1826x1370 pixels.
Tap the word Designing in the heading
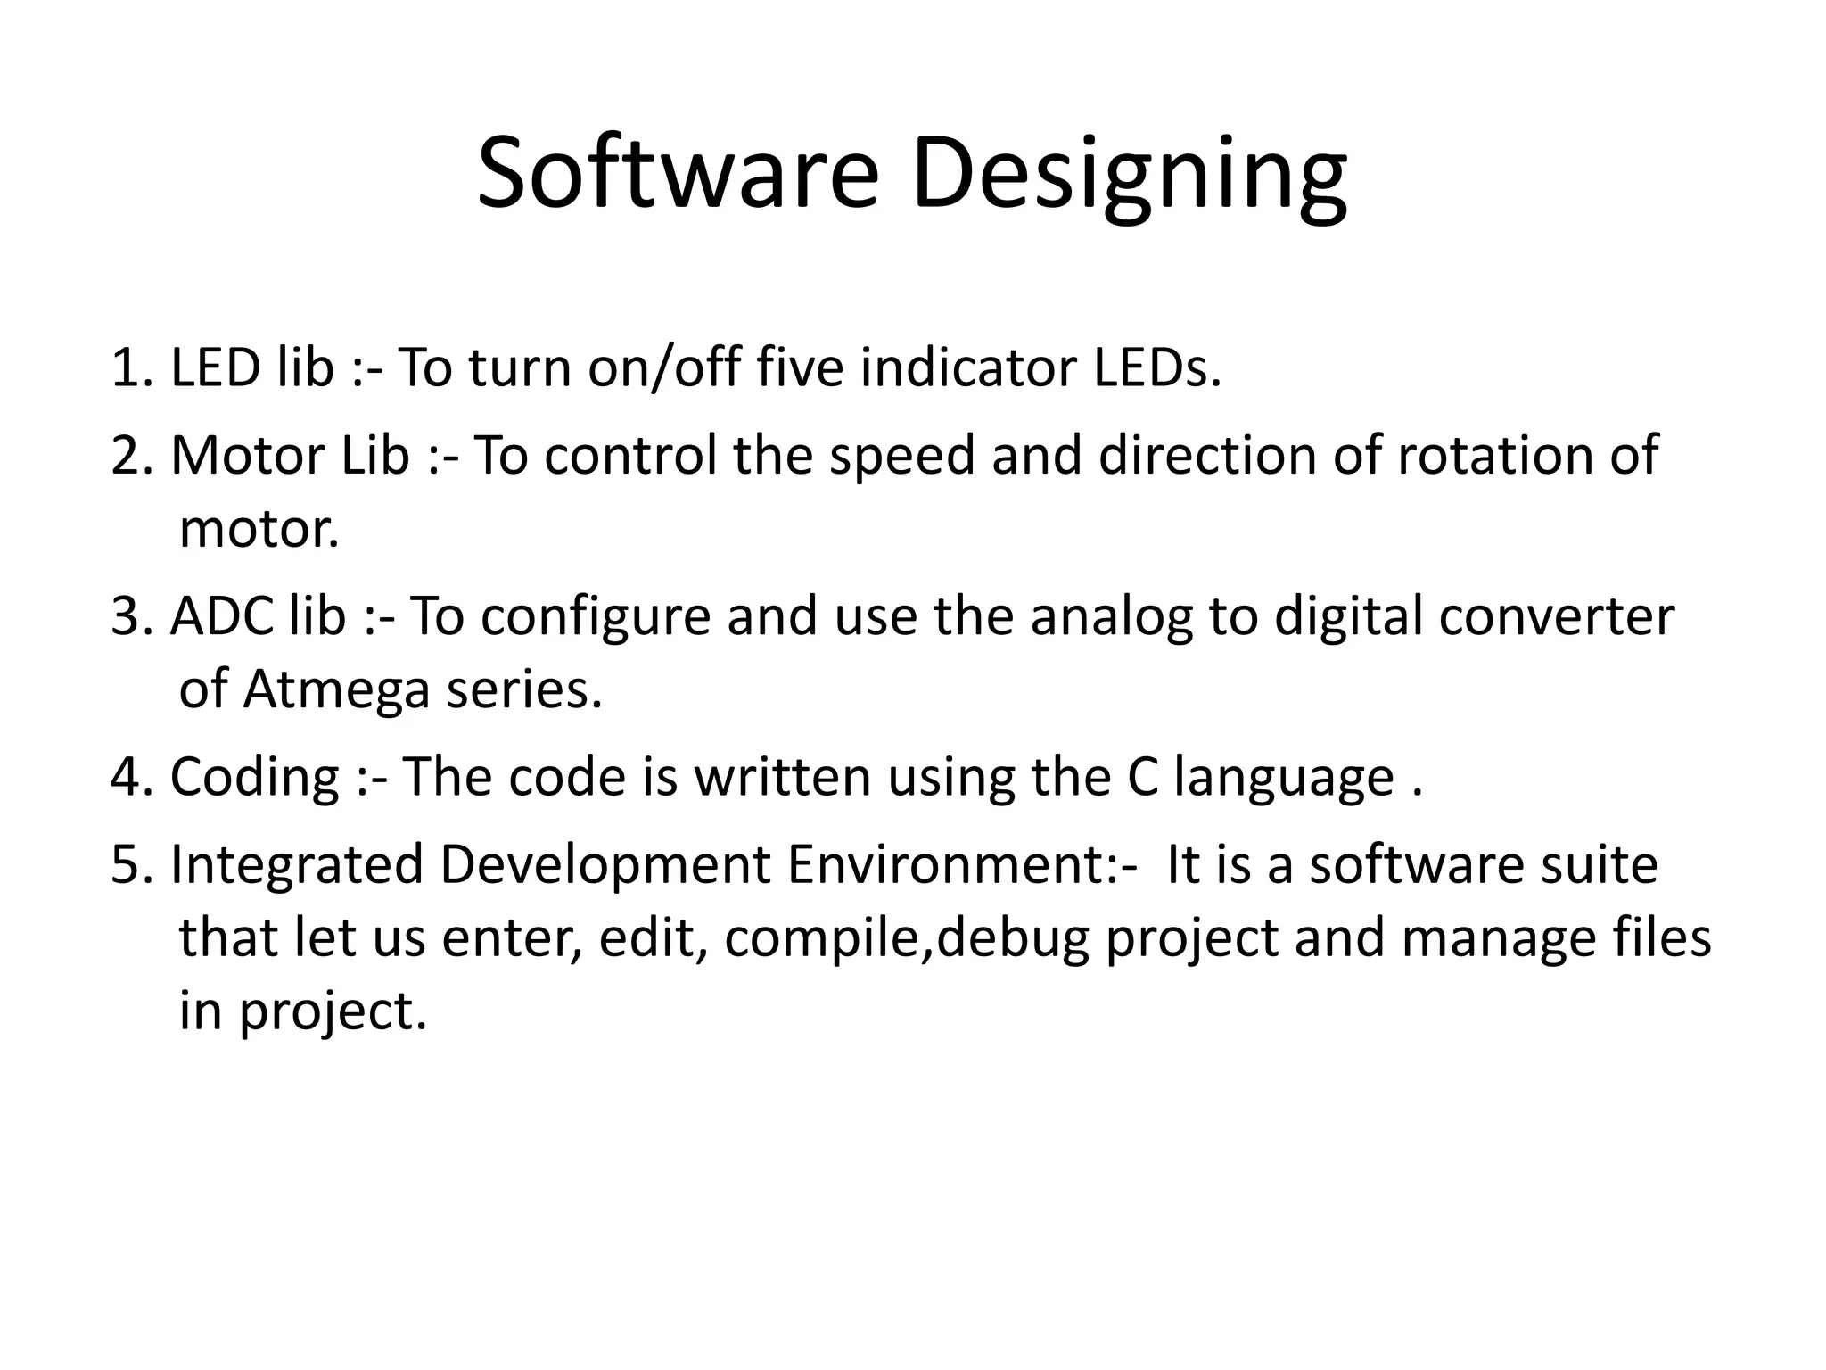pos(1129,177)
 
